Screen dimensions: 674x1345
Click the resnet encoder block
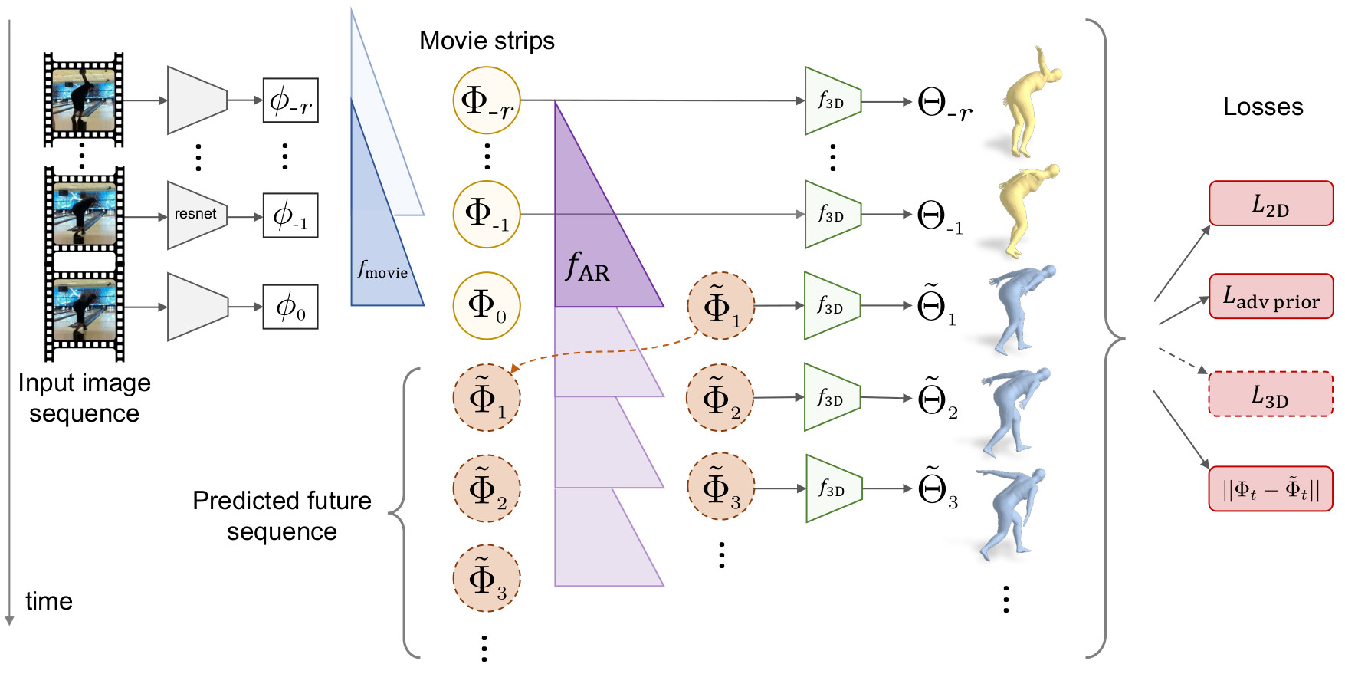point(197,215)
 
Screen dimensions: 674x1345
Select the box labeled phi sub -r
point(290,100)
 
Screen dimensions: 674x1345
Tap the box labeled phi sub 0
point(290,307)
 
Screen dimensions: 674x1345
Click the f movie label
point(382,270)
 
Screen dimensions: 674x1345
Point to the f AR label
point(587,268)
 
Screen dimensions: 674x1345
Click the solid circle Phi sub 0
point(487,305)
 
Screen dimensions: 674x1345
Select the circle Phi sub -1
point(487,214)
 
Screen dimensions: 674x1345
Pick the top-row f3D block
point(832,100)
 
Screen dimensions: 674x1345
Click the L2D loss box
point(1271,204)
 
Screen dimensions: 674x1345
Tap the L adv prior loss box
point(1271,296)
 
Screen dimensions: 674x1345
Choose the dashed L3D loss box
point(1271,394)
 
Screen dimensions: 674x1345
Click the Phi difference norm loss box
point(1271,488)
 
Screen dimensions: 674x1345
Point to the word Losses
point(1262,107)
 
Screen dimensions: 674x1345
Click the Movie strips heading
point(487,41)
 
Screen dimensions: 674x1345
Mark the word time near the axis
point(49,601)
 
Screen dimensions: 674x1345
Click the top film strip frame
point(84,100)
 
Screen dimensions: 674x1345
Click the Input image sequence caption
point(84,398)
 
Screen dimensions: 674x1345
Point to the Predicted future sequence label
point(281,515)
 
